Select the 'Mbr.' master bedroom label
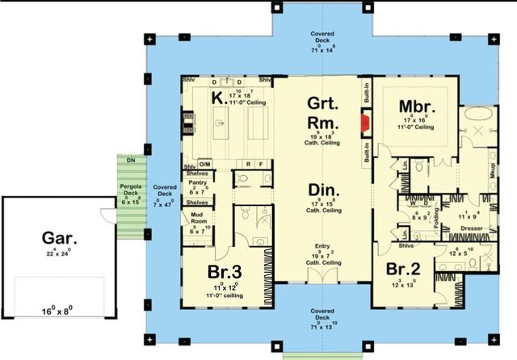[x=418, y=107]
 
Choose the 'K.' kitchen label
[x=217, y=98]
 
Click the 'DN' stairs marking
[x=130, y=160]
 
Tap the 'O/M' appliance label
[x=204, y=164]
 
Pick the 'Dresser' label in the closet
[x=472, y=228]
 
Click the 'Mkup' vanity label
[x=492, y=170]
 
